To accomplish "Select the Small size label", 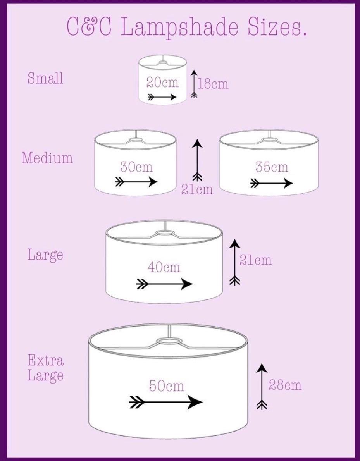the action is click(x=46, y=78).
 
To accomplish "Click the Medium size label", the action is click(x=47, y=158).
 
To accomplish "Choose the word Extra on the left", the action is click(x=46, y=360).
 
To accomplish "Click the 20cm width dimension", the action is click(x=162, y=83).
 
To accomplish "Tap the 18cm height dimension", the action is click(x=213, y=84).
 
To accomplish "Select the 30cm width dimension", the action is click(x=136, y=167).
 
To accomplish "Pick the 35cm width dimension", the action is click(x=272, y=167).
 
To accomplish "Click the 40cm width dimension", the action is click(x=164, y=267).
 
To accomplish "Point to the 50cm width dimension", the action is click(x=167, y=386).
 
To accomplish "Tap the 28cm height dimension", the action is click(x=285, y=385).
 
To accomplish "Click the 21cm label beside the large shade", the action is click(x=255, y=260).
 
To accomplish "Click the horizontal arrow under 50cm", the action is click(x=166, y=402).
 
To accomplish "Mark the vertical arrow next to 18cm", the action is click(x=194, y=84).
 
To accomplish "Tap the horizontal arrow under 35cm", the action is click(x=272, y=184).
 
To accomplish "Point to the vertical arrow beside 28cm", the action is click(x=262, y=386).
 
